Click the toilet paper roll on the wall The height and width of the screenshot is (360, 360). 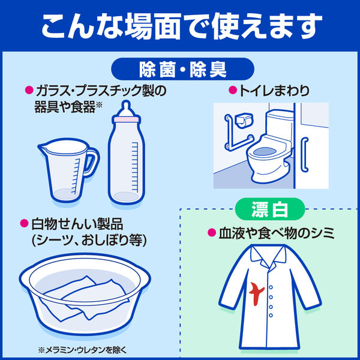(x=244, y=121)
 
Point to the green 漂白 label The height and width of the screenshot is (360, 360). (x=270, y=209)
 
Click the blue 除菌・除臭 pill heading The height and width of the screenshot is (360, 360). (x=183, y=69)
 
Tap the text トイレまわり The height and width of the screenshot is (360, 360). (x=274, y=91)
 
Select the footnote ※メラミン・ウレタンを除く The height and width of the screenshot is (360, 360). (x=82, y=350)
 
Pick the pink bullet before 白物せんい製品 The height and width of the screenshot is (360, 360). (x=24, y=224)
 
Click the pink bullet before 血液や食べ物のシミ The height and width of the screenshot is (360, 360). (x=212, y=233)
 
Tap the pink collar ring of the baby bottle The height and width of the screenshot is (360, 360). (x=126, y=119)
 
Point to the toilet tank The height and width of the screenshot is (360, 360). (x=280, y=123)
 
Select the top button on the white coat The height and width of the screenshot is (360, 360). (x=271, y=287)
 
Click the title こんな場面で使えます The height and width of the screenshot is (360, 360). (x=182, y=26)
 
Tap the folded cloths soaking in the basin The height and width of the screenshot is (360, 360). (x=84, y=298)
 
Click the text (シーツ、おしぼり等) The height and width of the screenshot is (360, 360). (x=89, y=240)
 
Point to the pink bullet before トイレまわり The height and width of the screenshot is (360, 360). (x=233, y=90)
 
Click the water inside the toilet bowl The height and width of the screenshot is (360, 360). (x=265, y=152)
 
